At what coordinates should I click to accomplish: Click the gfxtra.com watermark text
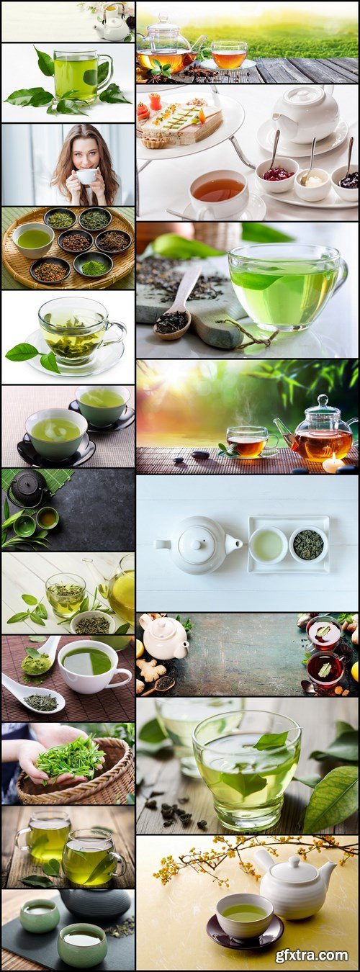point(311,955)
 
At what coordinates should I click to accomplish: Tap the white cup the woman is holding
point(86,176)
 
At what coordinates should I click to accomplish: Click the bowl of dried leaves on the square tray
point(308,544)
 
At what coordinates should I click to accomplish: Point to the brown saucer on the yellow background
point(245,933)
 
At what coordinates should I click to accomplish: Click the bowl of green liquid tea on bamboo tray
point(34,240)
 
